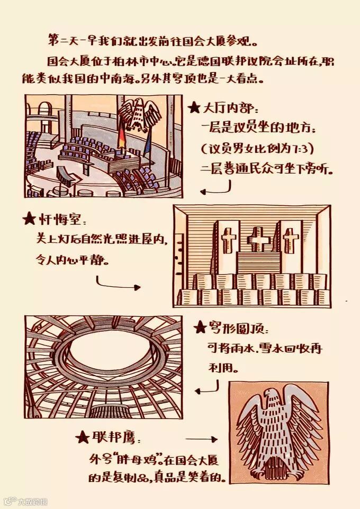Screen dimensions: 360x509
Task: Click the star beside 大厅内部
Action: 194,107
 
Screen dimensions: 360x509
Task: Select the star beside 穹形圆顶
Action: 200,328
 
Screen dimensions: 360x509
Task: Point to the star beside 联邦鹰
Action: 82,437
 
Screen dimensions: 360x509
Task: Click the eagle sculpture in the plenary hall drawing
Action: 139,114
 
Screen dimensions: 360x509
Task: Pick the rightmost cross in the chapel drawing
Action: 291,240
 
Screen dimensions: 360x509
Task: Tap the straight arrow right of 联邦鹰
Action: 201,439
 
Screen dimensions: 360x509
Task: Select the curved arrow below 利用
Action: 208,388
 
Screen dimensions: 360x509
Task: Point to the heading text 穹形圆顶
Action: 236,328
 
